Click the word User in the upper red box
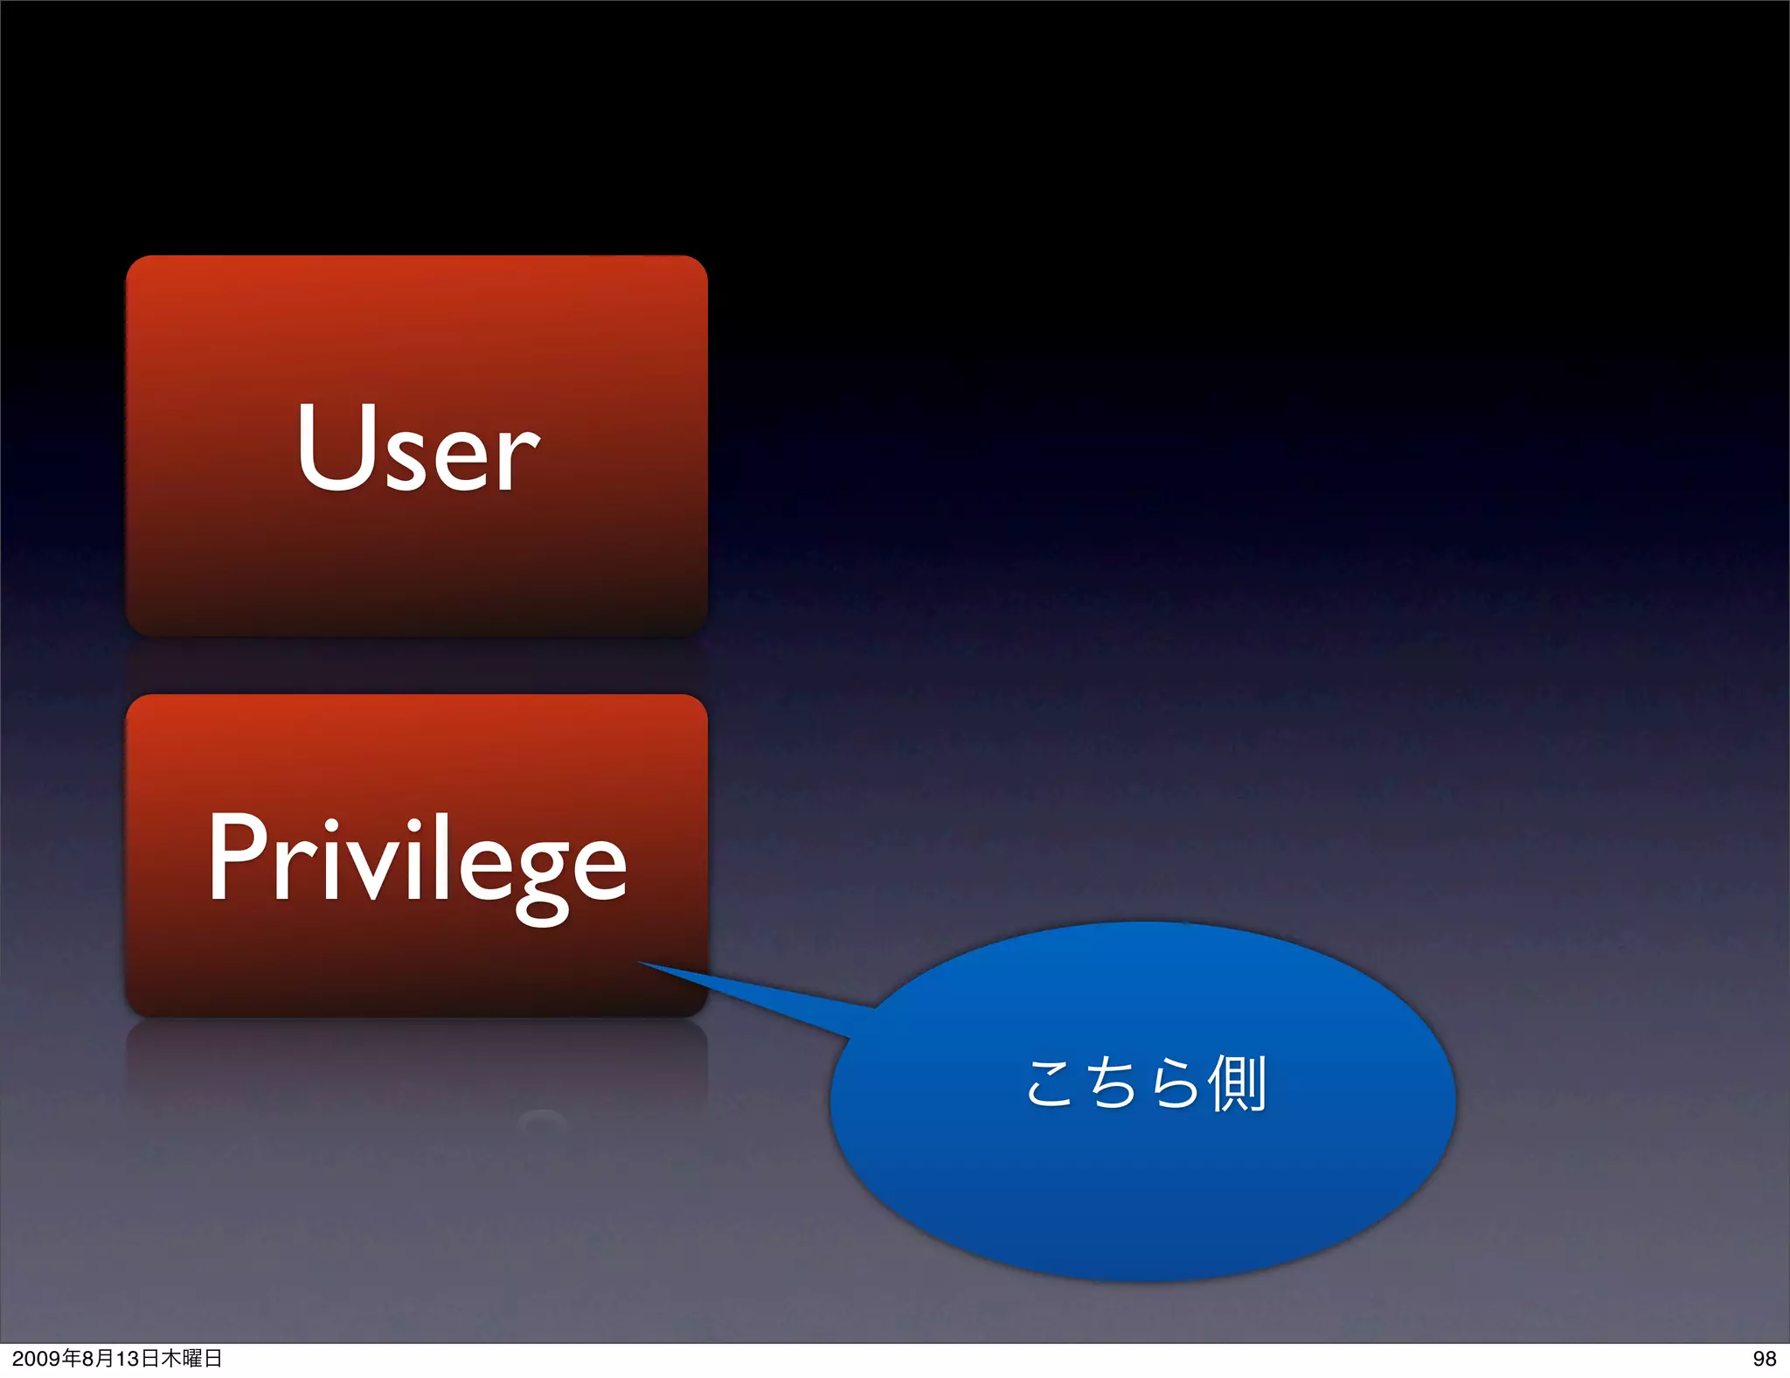click(418, 448)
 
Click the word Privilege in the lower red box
click(418, 860)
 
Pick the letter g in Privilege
click(542, 874)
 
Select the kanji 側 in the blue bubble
click(1236, 1082)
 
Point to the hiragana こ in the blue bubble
click(1049, 1084)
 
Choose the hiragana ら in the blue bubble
click(1174, 1082)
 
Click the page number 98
click(1764, 1359)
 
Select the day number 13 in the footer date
click(128, 1359)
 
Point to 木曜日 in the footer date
click(191, 1359)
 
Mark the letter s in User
click(409, 459)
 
